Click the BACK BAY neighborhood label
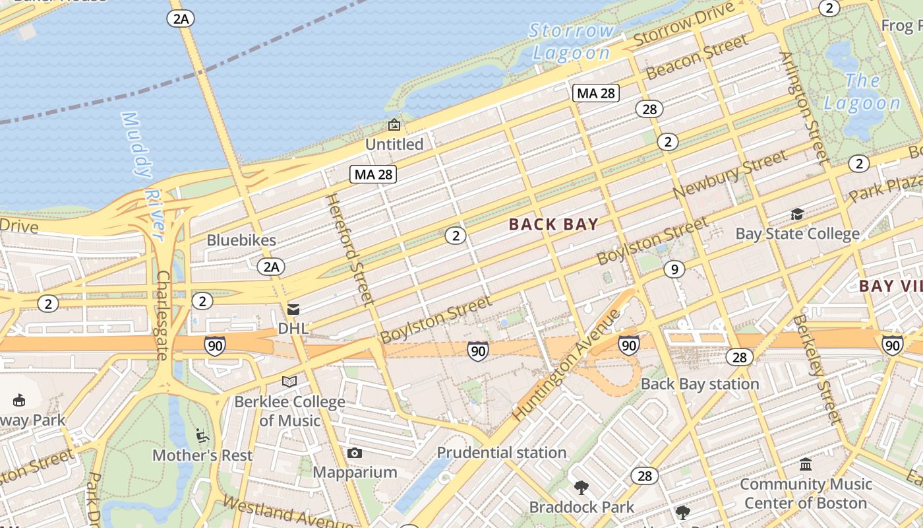point(553,224)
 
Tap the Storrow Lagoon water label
point(572,41)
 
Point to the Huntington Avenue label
point(566,365)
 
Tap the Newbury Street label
point(730,174)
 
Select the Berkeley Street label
point(818,370)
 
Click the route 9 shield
point(673,269)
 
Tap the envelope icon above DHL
point(293,309)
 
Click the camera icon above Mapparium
point(355,453)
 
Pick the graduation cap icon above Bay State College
point(797,214)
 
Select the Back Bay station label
point(700,383)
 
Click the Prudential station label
point(502,453)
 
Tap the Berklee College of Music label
point(289,411)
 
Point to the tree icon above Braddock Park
point(581,488)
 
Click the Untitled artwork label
point(394,144)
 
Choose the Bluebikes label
point(241,240)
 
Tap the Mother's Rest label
point(202,455)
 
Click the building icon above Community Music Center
point(805,465)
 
